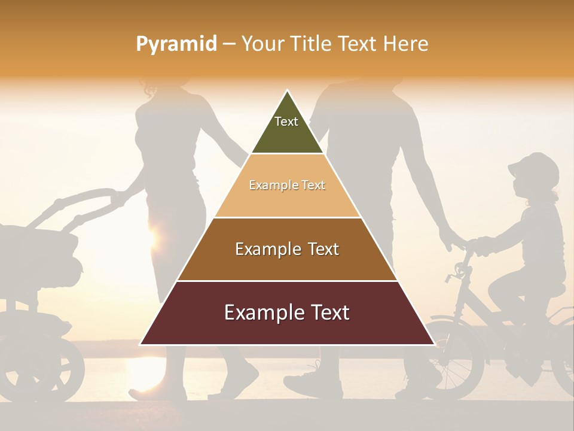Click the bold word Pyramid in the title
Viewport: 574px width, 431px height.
click(x=176, y=44)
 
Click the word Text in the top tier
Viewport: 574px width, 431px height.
click(x=286, y=122)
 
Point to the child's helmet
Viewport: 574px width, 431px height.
click(x=535, y=168)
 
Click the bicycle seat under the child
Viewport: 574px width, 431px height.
click(x=553, y=290)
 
